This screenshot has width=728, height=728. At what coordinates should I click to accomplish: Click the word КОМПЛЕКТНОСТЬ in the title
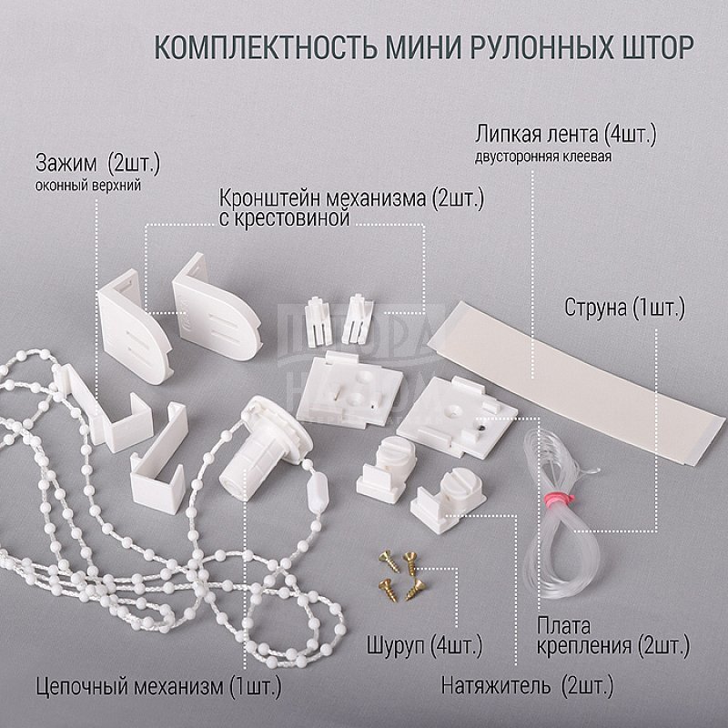coord(265,46)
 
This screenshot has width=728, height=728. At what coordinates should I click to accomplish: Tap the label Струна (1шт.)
coord(624,308)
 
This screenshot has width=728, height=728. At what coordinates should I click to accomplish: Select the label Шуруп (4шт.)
coord(425,645)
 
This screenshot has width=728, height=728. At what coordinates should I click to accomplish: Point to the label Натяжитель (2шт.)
coord(527,685)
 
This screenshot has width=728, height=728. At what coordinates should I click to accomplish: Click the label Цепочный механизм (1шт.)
coord(158,686)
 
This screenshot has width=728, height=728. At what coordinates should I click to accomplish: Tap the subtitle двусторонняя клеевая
coord(542,157)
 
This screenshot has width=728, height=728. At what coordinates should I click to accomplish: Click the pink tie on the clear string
coord(559,500)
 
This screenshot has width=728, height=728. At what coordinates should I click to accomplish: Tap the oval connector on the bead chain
coord(318,490)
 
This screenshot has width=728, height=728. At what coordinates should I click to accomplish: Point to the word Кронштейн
coord(270,198)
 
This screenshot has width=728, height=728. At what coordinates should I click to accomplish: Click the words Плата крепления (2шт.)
coord(613,635)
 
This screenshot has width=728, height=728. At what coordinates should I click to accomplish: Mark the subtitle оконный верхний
coord(87,187)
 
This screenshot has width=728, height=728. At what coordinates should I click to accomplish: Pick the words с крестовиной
coord(284,218)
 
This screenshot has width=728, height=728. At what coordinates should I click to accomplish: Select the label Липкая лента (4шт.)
coord(565,135)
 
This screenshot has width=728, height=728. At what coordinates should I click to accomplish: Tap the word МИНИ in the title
coord(423,46)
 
